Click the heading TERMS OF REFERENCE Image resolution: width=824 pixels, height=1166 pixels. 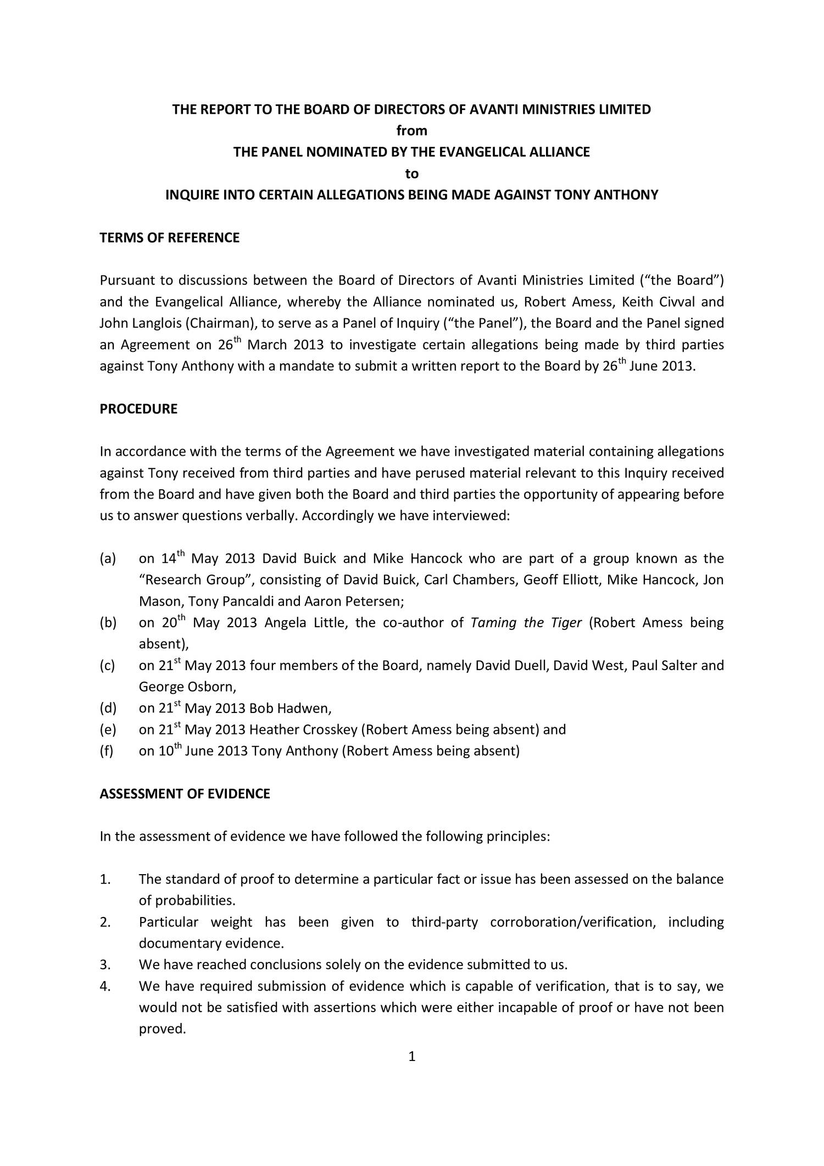coord(169,238)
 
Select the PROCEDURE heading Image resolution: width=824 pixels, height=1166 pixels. coord(138,409)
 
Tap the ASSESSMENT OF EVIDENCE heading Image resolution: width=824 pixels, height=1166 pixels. coord(185,794)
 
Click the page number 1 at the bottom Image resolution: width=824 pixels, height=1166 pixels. coord(412,1057)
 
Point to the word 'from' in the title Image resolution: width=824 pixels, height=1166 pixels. coord(411,131)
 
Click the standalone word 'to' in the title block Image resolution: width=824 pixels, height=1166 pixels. coord(411,174)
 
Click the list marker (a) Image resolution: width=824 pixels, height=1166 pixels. coord(108,559)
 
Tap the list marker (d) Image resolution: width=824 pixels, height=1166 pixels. coord(108,709)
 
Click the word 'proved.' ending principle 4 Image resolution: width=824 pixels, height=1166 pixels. coord(162,1029)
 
